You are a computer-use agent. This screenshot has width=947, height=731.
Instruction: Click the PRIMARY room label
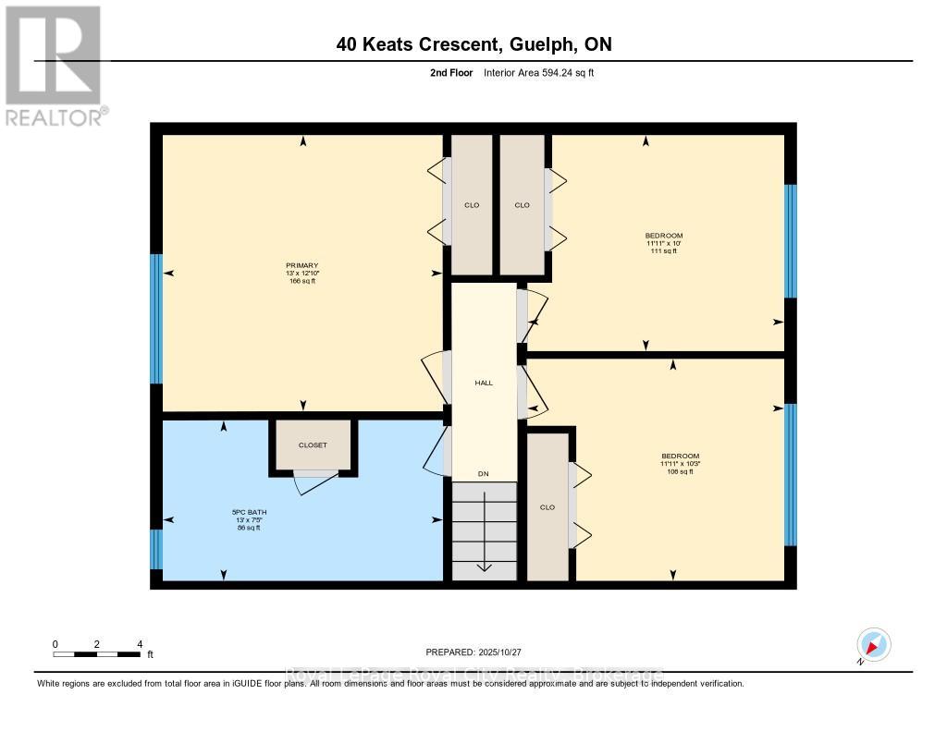301,265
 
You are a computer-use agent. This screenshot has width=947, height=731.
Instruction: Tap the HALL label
483,383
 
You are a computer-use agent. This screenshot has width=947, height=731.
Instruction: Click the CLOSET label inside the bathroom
313,445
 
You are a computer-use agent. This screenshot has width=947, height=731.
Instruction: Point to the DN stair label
483,474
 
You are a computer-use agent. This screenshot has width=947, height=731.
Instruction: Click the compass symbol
873,645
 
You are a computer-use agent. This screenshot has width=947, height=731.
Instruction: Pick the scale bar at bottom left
97,654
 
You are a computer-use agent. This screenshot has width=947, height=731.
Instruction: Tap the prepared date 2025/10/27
480,652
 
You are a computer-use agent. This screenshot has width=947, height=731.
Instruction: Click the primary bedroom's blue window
156,319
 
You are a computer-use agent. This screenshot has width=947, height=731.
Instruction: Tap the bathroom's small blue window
156,549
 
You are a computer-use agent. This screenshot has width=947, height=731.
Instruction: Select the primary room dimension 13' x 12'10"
301,274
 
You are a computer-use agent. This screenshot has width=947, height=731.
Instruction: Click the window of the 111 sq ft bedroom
790,240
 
